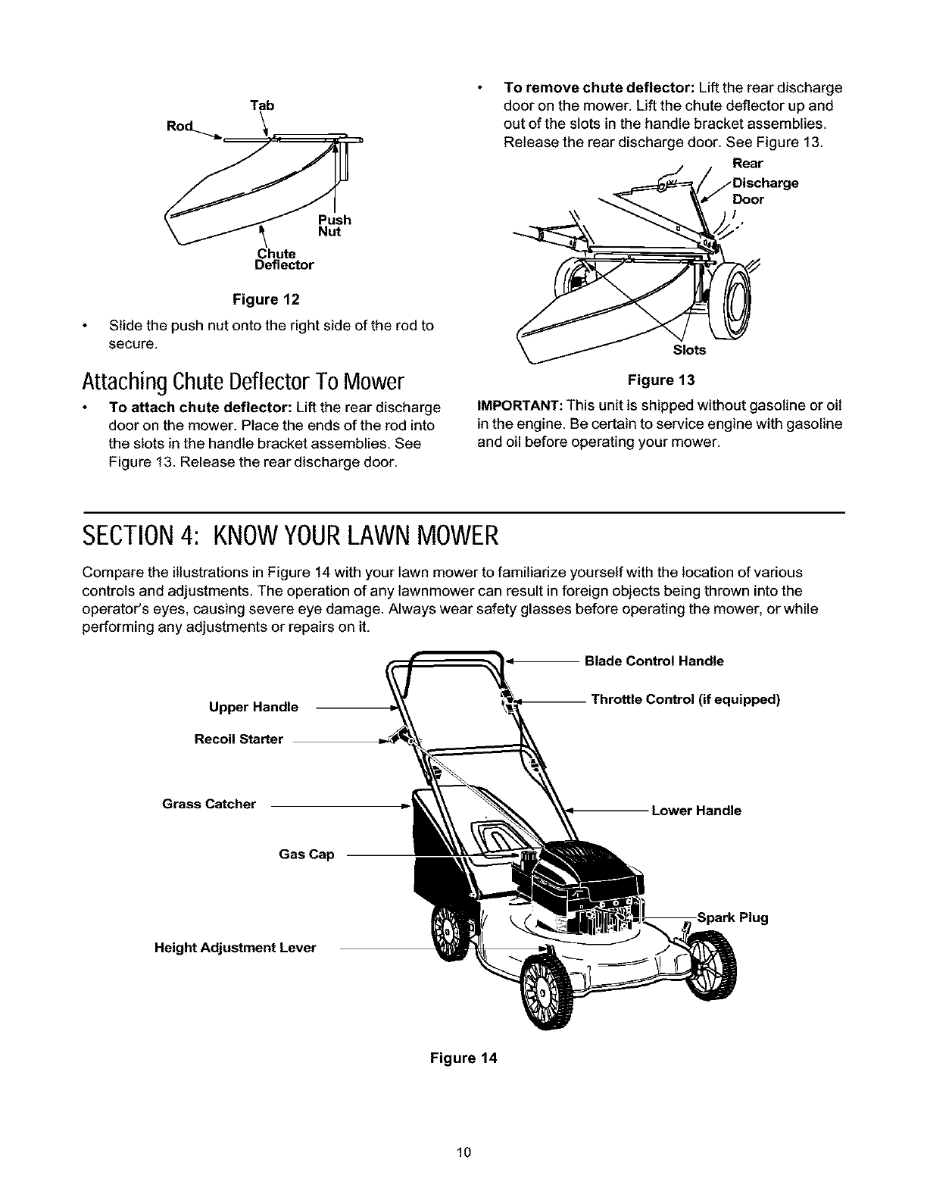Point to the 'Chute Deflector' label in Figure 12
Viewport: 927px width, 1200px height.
[284, 259]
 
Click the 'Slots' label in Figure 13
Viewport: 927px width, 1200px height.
[689, 350]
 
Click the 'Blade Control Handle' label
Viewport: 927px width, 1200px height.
[654, 661]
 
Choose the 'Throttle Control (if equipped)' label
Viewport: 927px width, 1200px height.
[685, 699]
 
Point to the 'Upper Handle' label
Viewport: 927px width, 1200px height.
[254, 708]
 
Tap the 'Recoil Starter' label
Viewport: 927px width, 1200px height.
[239, 739]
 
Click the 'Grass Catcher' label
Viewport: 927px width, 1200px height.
[209, 804]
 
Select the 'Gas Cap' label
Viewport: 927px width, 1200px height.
[307, 855]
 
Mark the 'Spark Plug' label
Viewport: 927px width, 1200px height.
[732, 918]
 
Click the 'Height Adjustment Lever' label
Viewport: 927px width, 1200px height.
[235, 948]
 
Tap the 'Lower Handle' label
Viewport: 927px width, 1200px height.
[696, 811]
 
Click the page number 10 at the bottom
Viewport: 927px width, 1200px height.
[463, 1153]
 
